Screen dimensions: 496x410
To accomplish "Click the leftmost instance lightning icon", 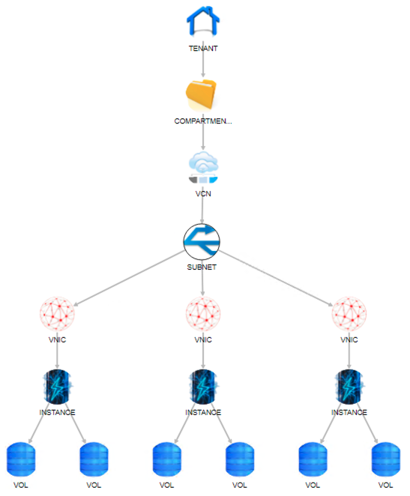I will tap(58, 387).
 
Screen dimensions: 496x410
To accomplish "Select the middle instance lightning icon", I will tap(203, 387).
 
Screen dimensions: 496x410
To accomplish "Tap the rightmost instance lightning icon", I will tap(349, 387).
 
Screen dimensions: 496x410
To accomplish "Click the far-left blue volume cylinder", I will tap(21, 459).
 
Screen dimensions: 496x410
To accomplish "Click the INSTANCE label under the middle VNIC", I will tap(203, 412).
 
